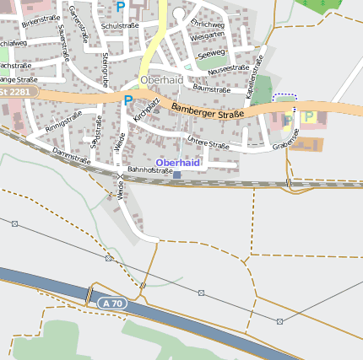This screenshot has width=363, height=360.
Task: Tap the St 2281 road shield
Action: [x=15, y=92]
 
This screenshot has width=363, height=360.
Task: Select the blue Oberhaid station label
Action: [x=177, y=162]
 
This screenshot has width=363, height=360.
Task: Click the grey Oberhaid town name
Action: [x=161, y=80]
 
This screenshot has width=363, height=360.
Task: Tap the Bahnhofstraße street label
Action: [x=149, y=170]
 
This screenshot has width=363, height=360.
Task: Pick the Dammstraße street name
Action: [x=71, y=155]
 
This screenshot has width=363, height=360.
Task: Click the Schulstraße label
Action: [x=119, y=26]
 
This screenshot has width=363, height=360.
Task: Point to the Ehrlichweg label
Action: [x=207, y=25]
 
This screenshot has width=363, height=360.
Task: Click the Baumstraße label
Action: [x=212, y=88]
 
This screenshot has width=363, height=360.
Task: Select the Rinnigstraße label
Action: [x=65, y=123]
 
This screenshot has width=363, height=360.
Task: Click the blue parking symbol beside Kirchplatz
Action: [x=128, y=100]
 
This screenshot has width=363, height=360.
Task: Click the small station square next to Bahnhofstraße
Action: [x=176, y=175]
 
